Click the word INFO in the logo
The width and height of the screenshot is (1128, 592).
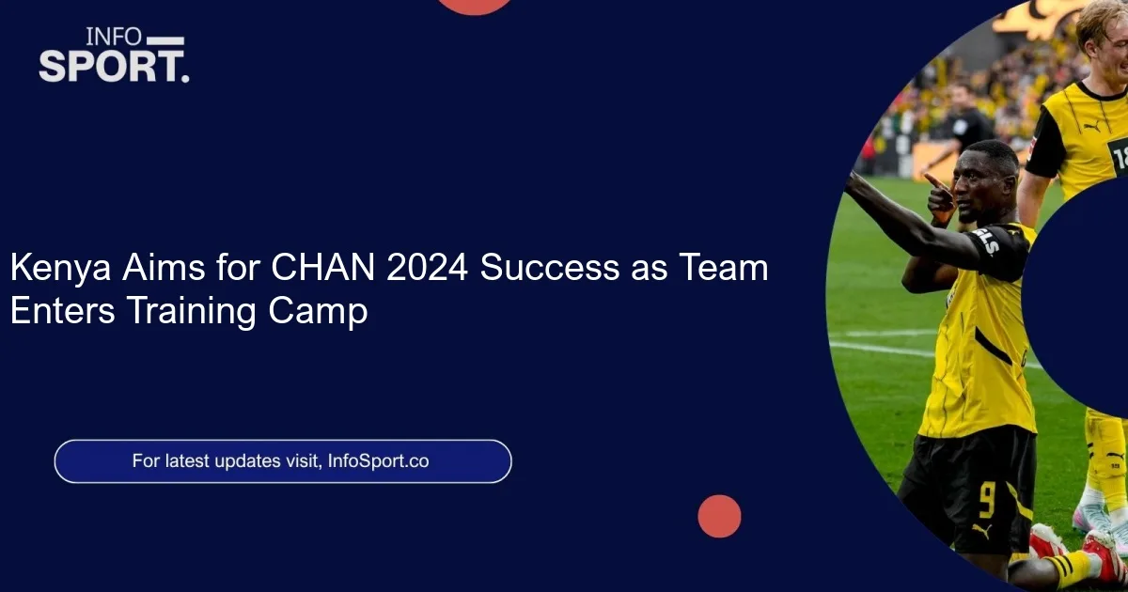[114, 38]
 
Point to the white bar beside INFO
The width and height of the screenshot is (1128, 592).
[166, 40]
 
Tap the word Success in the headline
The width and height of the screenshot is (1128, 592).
[549, 269]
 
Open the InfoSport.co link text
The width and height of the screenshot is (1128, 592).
[379, 461]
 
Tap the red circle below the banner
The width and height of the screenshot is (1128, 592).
[719, 516]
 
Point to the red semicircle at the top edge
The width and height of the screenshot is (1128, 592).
[476, 6]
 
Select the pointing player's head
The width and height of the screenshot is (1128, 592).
[987, 178]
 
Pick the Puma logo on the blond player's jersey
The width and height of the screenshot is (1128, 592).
[1091, 125]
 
